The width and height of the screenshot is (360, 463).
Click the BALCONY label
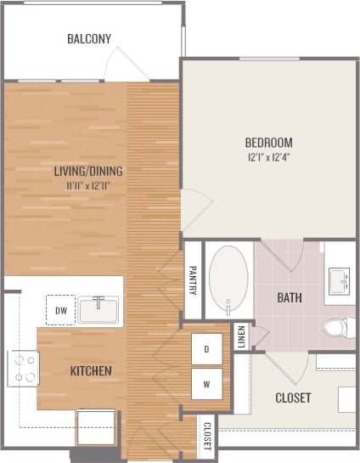(89, 38)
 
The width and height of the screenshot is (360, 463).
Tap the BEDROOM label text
(268, 142)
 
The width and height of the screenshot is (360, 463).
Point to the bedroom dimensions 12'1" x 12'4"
(268, 156)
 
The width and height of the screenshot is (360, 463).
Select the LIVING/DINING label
(88, 171)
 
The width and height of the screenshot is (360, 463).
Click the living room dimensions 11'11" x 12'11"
(88, 184)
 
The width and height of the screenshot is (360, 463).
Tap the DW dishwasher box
(61, 311)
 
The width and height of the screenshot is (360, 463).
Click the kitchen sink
(100, 310)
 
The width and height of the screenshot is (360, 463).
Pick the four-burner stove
(22, 368)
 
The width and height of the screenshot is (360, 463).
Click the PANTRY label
(193, 281)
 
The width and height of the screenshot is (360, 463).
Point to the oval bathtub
(228, 280)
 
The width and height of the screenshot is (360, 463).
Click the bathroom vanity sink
(340, 279)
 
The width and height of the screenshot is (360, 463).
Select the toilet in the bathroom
(338, 325)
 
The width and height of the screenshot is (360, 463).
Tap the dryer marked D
(206, 348)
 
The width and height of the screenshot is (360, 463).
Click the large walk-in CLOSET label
(293, 398)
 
